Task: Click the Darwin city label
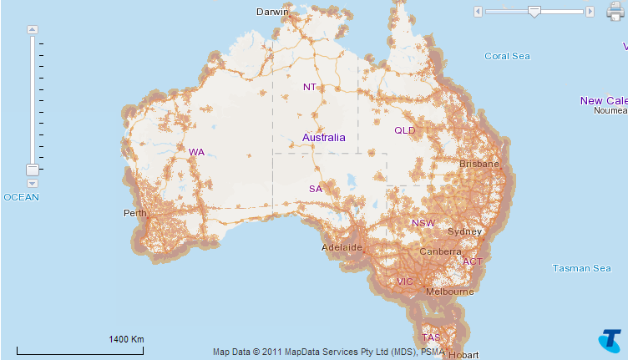(x=273, y=12)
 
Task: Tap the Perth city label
(x=135, y=213)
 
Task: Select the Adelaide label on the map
(x=342, y=248)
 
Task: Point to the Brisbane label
(x=479, y=165)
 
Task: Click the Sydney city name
(x=465, y=231)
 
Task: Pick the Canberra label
(x=441, y=251)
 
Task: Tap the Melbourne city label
(x=450, y=292)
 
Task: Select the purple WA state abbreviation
(x=196, y=152)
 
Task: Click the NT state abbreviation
(x=310, y=87)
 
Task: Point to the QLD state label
(x=404, y=130)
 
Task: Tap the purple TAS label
(x=431, y=337)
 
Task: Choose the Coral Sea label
(x=508, y=56)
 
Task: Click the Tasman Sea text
(x=582, y=268)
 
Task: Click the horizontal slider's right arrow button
(x=590, y=12)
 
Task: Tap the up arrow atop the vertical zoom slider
(x=33, y=29)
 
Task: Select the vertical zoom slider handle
(x=33, y=170)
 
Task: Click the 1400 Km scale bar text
(x=127, y=339)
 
